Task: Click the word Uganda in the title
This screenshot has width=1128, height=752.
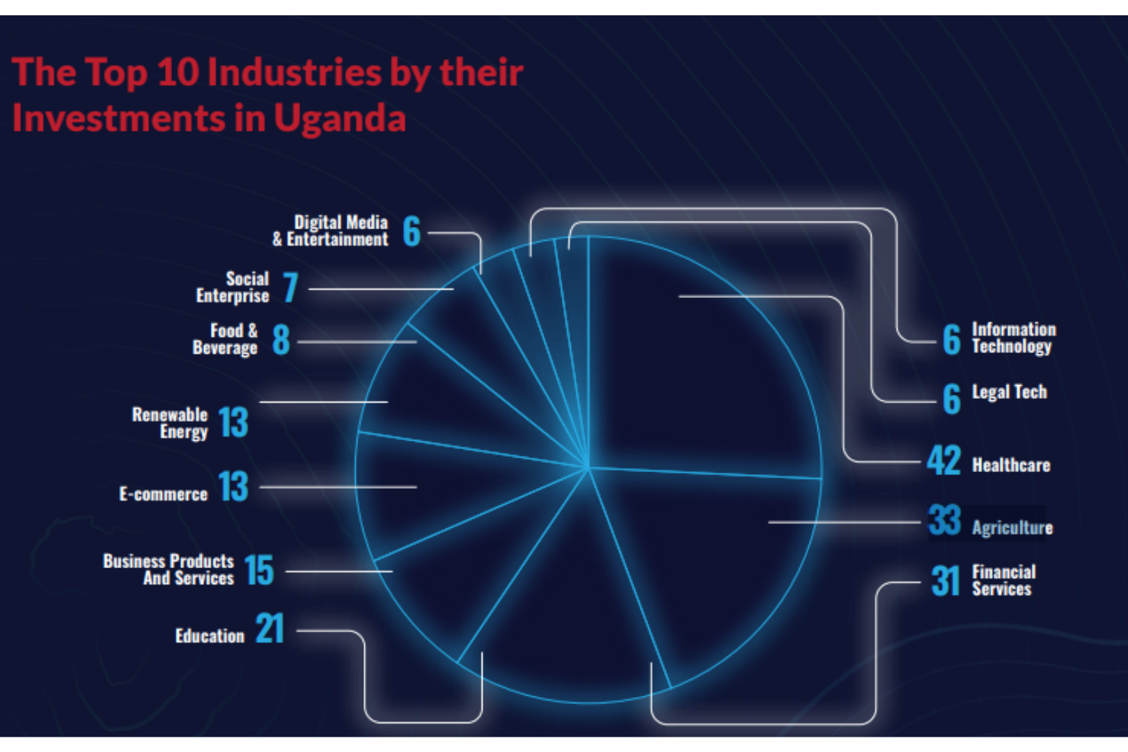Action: coord(339,118)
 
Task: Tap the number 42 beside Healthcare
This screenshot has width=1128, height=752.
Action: coord(943,461)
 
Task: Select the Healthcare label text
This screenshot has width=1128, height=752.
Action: coord(1011,465)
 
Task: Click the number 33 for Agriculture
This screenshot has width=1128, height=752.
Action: coord(944,521)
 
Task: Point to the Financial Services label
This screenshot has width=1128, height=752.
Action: coord(1003,580)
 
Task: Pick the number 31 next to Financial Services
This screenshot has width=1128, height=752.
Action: coord(945,581)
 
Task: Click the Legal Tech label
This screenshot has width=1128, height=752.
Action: coord(1009,392)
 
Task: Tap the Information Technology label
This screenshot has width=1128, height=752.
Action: coord(1013,338)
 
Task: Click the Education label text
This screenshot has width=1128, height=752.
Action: coord(210,636)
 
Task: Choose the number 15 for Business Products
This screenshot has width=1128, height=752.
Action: coord(259,570)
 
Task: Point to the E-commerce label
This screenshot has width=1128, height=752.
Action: coord(163,494)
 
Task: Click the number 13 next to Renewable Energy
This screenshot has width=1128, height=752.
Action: coord(233,422)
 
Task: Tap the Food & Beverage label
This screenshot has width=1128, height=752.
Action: coord(225,339)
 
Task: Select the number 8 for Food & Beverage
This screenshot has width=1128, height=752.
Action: coord(281,340)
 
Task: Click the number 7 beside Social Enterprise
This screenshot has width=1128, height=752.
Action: coord(290,288)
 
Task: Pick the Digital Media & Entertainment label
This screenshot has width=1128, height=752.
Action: coord(331,231)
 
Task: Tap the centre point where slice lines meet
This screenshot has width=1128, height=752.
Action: coord(588,467)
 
